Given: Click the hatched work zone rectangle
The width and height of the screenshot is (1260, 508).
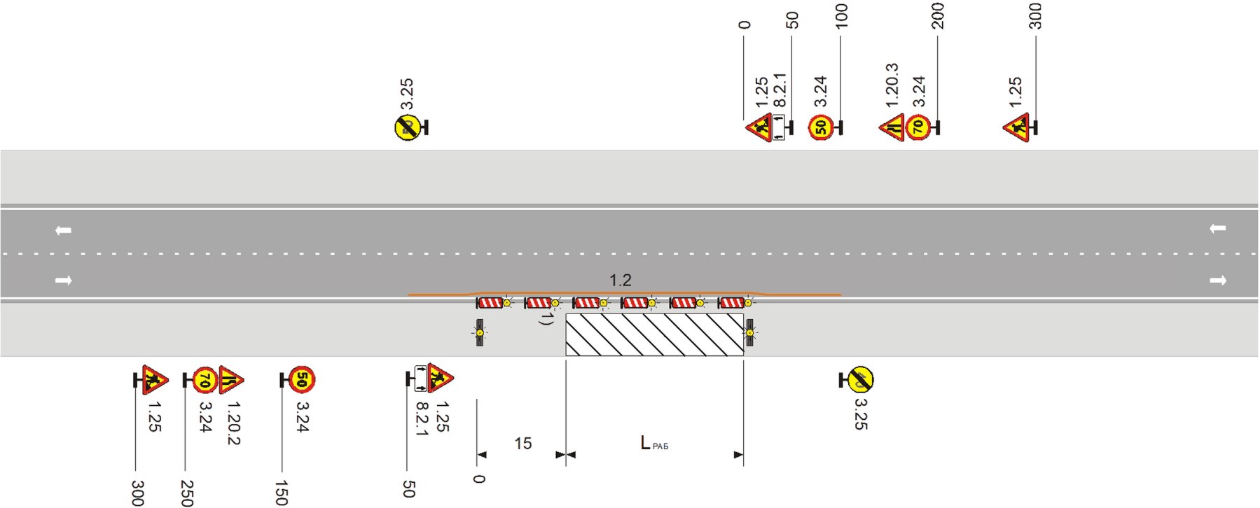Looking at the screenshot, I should (654, 334).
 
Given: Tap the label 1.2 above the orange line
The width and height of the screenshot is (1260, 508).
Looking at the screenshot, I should (621, 281).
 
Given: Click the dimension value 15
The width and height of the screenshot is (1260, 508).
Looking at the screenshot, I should (523, 444).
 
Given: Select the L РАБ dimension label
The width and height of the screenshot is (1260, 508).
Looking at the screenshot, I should (653, 443).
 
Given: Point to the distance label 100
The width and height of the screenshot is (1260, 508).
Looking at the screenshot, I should (842, 15).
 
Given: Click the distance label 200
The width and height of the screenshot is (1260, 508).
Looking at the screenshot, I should (938, 15).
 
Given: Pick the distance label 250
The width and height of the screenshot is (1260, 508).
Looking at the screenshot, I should (186, 493).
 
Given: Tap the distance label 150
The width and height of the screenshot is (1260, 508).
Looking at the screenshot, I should (282, 493).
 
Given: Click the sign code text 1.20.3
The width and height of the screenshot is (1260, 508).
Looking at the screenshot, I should (892, 85).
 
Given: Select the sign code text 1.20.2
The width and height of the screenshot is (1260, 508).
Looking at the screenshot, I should (234, 423).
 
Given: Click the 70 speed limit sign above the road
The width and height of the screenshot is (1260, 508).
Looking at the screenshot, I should (918, 127).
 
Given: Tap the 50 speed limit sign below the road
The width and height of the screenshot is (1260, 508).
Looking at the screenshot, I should (302, 379).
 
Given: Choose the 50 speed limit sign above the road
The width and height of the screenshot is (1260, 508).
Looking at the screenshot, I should (821, 127).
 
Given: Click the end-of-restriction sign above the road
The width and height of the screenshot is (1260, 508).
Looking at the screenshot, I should (407, 127).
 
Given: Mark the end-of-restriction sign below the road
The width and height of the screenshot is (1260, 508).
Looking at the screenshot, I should (861, 379).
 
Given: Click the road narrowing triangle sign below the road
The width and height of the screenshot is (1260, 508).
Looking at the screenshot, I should (230, 379).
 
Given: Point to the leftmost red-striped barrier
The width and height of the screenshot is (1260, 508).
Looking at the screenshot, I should (489, 302).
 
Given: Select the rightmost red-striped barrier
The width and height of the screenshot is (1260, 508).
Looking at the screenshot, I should (731, 302).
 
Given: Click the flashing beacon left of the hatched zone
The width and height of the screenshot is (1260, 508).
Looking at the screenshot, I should (480, 333).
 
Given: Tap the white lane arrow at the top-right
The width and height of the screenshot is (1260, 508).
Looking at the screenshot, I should (1217, 229).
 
